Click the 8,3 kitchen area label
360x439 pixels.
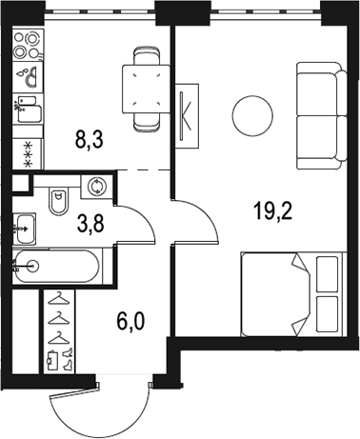[x=90, y=140]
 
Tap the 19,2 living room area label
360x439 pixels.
[x=272, y=211]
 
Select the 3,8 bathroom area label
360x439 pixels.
[x=90, y=224]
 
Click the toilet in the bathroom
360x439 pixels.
[x=59, y=202]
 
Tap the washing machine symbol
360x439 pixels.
[x=96, y=187]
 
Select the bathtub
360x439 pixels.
[x=57, y=266]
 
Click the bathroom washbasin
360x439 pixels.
[x=24, y=229]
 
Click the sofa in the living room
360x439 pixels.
[x=322, y=115]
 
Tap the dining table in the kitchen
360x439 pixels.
[x=146, y=89]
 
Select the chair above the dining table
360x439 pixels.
[x=146, y=56]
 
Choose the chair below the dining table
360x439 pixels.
[x=146, y=122]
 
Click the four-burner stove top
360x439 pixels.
[x=28, y=46]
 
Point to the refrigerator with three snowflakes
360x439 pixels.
[x=28, y=154]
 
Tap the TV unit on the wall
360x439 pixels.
[x=187, y=116]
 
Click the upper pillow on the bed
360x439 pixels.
[x=328, y=274]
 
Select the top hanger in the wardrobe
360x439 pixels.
[x=58, y=298]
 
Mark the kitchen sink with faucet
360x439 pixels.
[x=28, y=109]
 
